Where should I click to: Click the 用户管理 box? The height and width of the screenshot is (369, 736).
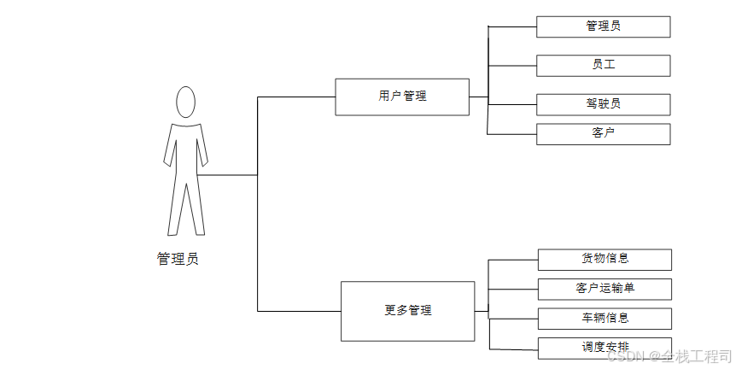(402, 97)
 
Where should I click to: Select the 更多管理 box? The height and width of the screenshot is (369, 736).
(407, 311)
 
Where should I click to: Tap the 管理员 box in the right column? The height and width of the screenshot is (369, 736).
(603, 26)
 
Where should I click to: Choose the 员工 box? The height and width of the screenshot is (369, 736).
(603, 65)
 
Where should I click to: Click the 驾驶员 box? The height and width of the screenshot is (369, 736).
(603, 104)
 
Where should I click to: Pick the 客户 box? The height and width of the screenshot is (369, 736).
(603, 133)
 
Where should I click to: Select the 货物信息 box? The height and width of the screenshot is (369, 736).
(605, 259)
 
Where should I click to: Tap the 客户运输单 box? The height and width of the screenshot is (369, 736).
(605, 289)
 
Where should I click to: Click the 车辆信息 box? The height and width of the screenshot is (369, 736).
(605, 318)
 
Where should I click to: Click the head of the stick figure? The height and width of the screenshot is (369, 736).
(185, 102)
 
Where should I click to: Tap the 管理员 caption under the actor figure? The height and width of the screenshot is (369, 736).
(178, 259)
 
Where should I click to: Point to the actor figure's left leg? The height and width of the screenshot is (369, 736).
(175, 209)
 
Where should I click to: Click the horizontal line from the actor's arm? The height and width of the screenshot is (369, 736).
(231, 175)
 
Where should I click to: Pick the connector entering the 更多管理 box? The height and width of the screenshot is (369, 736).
(299, 311)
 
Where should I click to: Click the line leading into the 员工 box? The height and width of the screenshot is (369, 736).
(512, 65)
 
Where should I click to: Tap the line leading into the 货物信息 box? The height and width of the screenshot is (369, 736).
(513, 259)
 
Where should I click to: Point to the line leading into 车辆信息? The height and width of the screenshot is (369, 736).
(513, 318)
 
